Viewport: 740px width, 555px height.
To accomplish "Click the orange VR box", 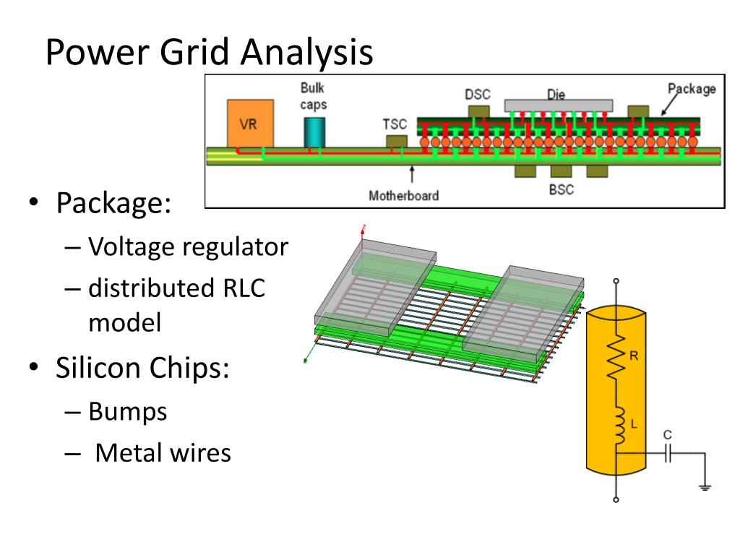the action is click(250, 124).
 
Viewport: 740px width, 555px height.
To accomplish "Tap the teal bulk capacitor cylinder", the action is click(314, 132).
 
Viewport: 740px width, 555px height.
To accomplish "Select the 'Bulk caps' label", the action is click(314, 96).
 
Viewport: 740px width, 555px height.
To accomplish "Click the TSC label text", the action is click(395, 124).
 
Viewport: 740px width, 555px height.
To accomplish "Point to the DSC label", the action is click(478, 95).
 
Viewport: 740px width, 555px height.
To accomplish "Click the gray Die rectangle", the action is click(559, 106).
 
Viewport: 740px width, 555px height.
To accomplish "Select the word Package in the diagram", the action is click(692, 89).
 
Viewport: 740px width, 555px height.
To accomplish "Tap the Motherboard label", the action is click(403, 195).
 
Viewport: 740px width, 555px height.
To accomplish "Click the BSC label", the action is click(561, 190).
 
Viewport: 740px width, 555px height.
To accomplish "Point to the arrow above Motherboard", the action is click(412, 173).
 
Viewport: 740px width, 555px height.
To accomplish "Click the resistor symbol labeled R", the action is click(616, 357).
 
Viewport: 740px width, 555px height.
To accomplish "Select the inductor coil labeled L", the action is click(619, 426).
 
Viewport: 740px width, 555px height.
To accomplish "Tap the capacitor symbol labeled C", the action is click(667, 454).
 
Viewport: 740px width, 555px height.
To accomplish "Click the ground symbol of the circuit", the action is click(705, 488).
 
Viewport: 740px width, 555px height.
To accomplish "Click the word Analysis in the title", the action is click(306, 52).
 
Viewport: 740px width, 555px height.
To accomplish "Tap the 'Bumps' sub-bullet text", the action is click(128, 411).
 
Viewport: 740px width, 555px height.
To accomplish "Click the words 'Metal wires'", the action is click(163, 452).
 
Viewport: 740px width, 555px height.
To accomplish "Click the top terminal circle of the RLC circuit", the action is click(616, 281).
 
